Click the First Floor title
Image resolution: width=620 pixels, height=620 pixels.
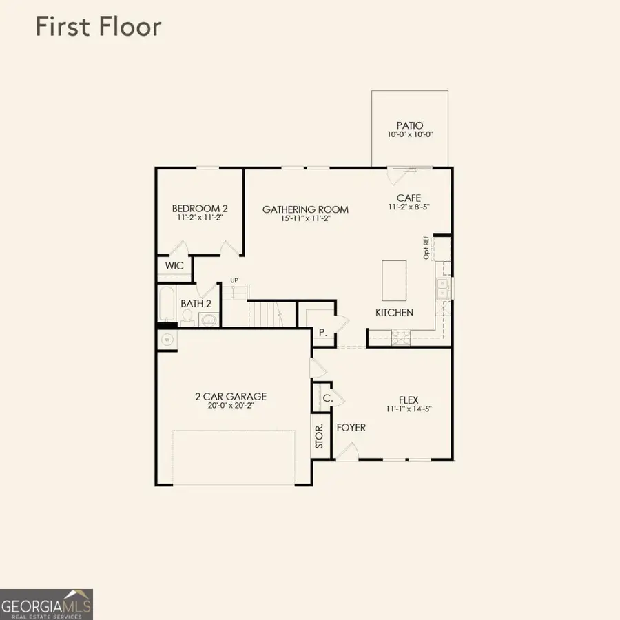98,28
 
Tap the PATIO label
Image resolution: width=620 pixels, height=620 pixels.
409,126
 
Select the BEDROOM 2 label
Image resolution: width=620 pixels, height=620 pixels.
199,209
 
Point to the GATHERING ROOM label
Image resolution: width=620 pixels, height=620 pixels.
305,209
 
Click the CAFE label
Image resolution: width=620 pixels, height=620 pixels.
409,198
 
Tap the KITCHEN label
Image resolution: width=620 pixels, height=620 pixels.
394,313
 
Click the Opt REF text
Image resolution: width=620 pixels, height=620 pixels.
426,247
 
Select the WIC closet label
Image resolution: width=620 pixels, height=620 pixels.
174,266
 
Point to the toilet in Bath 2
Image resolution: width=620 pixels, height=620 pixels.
187,317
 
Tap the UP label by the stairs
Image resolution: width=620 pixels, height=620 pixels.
234,280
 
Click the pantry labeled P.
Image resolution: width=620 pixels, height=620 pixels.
321,332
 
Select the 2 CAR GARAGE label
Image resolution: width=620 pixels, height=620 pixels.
231,397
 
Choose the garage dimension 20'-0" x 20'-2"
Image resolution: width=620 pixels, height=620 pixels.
231,407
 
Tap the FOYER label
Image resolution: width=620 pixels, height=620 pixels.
351,428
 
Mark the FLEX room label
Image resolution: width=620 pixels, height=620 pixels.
409,400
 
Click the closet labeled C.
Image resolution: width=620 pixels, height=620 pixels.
327,397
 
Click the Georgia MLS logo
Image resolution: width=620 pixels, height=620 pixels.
46,604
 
